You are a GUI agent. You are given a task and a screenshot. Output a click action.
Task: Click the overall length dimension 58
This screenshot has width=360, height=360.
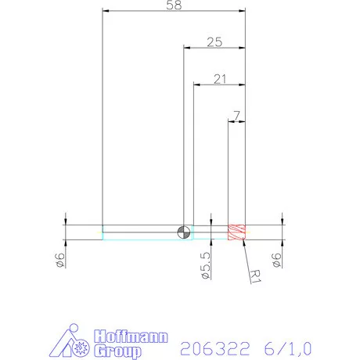[x=175, y=6]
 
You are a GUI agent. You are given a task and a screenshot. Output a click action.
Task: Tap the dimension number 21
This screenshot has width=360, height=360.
[x=220, y=78]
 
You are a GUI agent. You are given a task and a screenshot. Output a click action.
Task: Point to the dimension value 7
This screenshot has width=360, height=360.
[x=236, y=116]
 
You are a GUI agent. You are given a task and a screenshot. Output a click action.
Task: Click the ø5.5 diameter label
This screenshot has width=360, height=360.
[x=205, y=266]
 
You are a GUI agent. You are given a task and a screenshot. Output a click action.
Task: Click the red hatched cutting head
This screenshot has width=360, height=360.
[x=236, y=232]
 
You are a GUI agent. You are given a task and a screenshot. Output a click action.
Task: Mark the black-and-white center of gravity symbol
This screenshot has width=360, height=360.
[x=183, y=232]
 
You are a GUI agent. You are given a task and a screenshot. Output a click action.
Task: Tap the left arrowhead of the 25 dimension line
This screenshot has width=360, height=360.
[x=186, y=47]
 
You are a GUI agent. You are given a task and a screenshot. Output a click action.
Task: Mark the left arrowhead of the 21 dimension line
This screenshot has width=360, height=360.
[x=196, y=84]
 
